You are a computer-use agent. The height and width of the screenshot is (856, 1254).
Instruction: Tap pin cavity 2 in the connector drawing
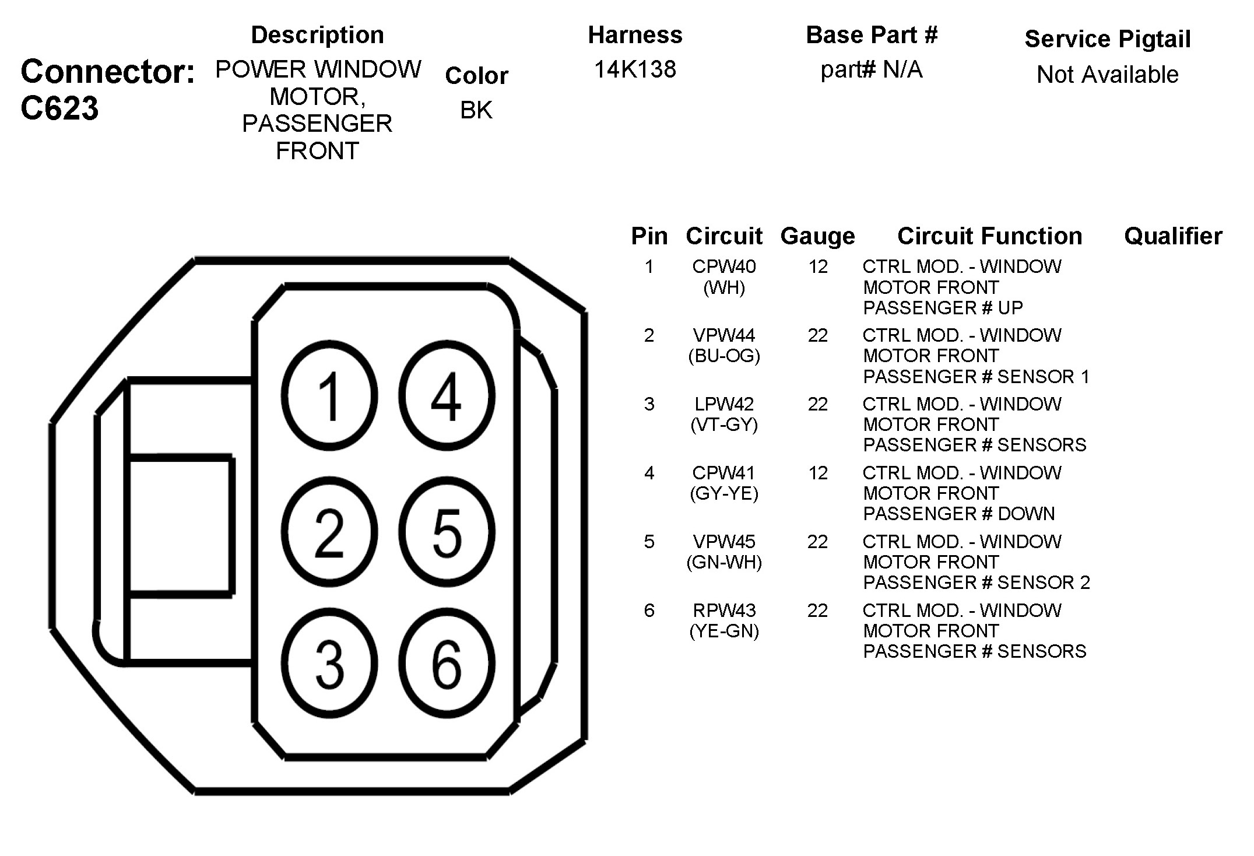pyautogui.click(x=329, y=532)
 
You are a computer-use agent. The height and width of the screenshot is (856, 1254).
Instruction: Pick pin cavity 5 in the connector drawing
pyautogui.click(x=447, y=532)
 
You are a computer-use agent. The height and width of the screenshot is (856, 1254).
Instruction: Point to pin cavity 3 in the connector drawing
pyautogui.click(x=329, y=664)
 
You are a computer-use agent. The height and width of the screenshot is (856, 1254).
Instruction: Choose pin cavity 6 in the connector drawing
pyautogui.click(x=447, y=664)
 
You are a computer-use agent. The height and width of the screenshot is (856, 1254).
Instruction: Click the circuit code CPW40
pyautogui.click(x=723, y=266)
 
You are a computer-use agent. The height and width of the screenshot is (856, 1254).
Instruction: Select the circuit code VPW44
pyautogui.click(x=723, y=335)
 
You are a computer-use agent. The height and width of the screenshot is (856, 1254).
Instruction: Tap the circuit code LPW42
pyautogui.click(x=723, y=404)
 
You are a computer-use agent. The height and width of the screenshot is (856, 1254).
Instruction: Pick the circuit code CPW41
pyautogui.click(x=723, y=473)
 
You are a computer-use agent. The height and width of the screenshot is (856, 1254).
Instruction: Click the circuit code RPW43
pyautogui.click(x=723, y=611)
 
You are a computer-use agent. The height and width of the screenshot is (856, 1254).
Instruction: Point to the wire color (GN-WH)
pyautogui.click(x=724, y=562)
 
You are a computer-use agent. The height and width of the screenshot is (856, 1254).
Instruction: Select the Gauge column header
pyautogui.click(x=817, y=236)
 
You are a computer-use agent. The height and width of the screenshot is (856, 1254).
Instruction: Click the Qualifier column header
pyautogui.click(x=1173, y=236)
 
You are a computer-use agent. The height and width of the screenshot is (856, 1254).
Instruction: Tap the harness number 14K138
pyautogui.click(x=635, y=69)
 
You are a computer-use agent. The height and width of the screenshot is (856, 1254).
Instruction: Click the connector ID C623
pyautogui.click(x=59, y=108)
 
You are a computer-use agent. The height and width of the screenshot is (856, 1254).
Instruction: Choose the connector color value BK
pyautogui.click(x=476, y=110)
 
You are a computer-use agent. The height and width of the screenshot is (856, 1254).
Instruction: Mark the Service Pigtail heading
pyautogui.click(x=1107, y=39)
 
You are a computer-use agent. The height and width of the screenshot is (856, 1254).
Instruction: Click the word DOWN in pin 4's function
pyautogui.click(x=1026, y=514)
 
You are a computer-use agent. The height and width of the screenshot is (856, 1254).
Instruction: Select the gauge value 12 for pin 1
pyautogui.click(x=818, y=266)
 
